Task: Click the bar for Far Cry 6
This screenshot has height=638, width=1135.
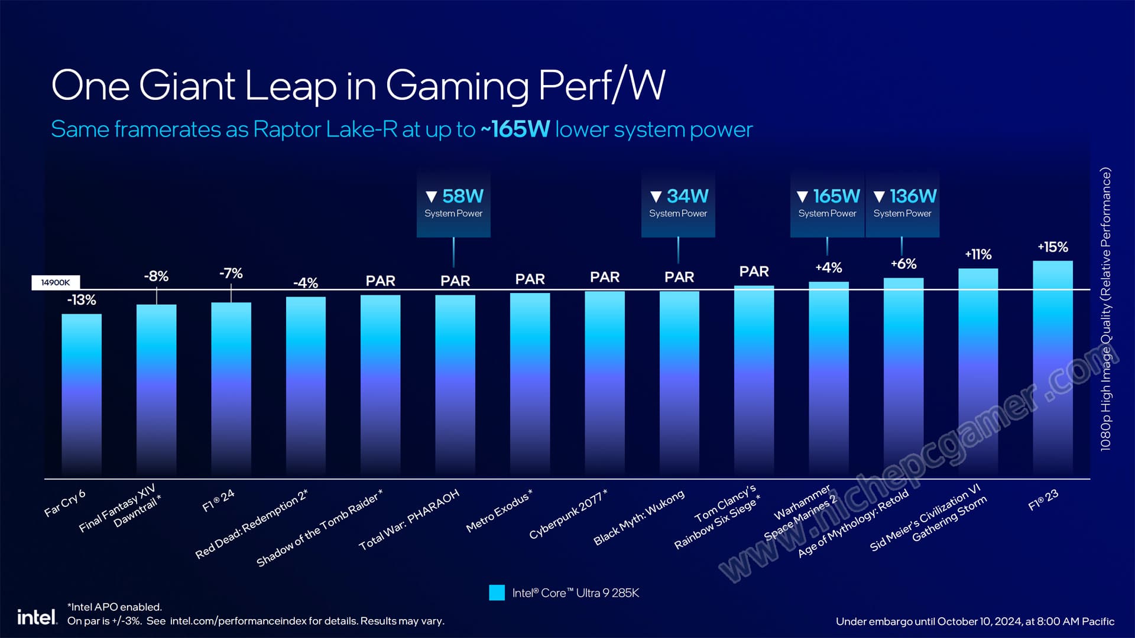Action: [82, 395]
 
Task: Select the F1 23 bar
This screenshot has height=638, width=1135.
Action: [1052, 369]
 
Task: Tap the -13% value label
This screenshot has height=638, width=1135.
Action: [82, 300]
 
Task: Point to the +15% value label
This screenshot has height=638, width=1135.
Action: [1052, 247]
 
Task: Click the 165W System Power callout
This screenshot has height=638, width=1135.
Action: [827, 203]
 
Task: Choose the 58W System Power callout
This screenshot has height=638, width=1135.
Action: [453, 203]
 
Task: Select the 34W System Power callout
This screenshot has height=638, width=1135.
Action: [678, 203]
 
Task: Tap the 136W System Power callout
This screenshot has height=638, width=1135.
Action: [903, 203]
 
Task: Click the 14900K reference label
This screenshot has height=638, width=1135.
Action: [56, 282]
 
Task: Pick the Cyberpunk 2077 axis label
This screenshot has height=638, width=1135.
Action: [568, 515]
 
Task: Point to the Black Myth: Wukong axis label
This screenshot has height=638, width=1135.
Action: [639, 517]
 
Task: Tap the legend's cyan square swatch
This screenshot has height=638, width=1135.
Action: [497, 593]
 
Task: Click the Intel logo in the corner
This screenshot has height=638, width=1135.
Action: [37, 617]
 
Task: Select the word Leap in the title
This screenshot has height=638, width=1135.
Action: [290, 86]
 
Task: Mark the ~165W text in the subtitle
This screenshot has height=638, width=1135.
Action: [515, 129]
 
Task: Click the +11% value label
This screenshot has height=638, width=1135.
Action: [978, 255]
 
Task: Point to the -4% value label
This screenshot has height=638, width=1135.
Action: [306, 283]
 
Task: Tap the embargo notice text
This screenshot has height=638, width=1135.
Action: [975, 621]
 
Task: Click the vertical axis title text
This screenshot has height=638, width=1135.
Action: [1105, 310]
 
